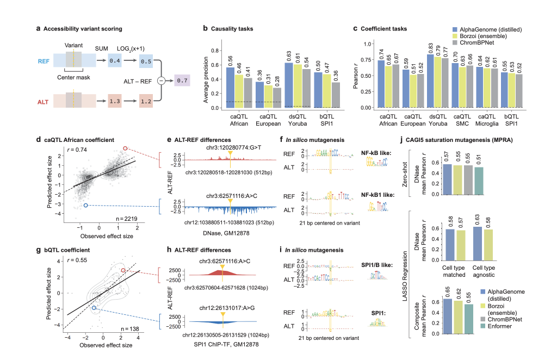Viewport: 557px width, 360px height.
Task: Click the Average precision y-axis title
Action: pyautogui.click(x=207, y=77)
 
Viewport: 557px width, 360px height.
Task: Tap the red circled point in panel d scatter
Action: pyautogui.click(x=126, y=148)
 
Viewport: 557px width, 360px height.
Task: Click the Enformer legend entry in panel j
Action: pyautogui.click(x=497, y=325)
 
